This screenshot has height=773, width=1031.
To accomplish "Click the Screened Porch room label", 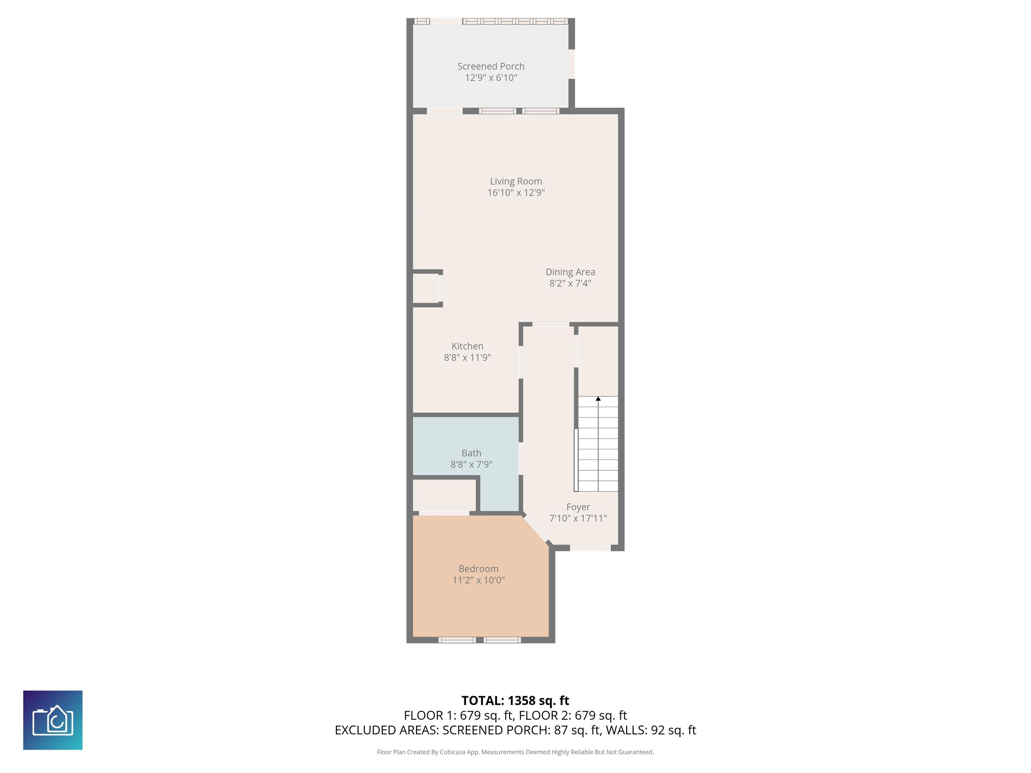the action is coord(491,66).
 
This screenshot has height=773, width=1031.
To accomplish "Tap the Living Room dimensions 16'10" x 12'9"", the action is coord(516,193).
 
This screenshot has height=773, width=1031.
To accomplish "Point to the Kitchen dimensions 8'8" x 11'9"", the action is coord(468,357).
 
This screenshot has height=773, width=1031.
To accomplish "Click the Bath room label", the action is coord(471,453).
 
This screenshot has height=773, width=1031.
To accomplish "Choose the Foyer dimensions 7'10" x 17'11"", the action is coord(578,518).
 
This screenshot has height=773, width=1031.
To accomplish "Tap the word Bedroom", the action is coord(478,568).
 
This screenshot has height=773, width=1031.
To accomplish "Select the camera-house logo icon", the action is coord(53,720).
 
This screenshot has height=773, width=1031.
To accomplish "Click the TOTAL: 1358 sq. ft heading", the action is coord(515,700).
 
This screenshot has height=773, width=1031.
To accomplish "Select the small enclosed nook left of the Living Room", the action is coord(426,289).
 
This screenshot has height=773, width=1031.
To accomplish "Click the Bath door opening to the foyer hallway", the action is coord(521,459).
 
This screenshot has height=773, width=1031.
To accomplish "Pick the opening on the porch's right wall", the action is coord(572,64).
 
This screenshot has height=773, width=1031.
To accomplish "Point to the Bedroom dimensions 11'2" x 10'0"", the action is coord(479,580).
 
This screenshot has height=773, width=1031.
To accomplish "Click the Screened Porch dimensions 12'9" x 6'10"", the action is coord(491,78).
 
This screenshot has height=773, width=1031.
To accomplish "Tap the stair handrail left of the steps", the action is coord(576,460).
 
